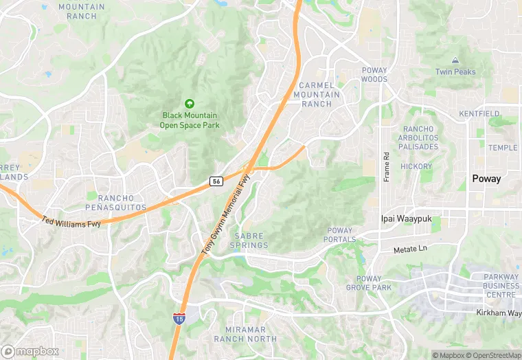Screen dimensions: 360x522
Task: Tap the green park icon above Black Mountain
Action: click(189, 103)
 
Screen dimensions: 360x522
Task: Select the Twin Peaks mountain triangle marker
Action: click(455, 61)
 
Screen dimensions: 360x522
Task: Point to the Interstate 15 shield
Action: click(179, 319)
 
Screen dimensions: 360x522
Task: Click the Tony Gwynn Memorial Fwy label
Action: click(226, 215)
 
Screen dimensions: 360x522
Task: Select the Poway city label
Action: click(486, 179)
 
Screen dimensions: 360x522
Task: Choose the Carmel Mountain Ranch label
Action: click(316, 94)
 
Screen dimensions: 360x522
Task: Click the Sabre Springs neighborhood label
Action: click(249, 240)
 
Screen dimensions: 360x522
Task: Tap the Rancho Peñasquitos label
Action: click(116, 202)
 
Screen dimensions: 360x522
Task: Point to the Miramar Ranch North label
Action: click(245, 335)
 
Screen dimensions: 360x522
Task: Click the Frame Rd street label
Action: click(386, 166)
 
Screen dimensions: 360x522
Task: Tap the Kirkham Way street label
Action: click(499, 313)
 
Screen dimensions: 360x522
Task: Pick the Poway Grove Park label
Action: click(368, 283)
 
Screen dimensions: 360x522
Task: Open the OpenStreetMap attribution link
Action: click(490, 355)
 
